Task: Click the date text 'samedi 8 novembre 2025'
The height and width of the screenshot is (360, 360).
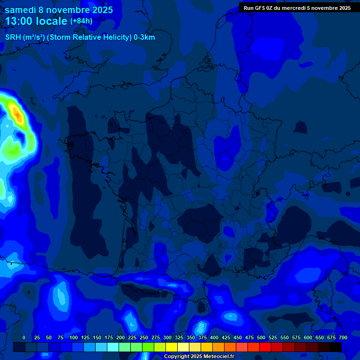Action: click(x=59, y=10)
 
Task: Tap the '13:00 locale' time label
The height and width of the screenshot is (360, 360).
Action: click(x=36, y=22)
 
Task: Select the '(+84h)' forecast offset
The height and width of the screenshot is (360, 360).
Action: click(x=81, y=21)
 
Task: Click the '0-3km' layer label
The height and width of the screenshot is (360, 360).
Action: click(x=144, y=37)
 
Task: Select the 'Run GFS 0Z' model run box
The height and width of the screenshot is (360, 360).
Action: click(x=297, y=7)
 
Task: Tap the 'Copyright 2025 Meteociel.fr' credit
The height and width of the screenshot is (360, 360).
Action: click(x=199, y=356)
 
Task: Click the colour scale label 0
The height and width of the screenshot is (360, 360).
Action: click(x=24, y=337)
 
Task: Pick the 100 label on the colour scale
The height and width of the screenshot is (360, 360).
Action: click(x=74, y=337)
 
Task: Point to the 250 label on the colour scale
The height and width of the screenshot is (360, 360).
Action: click(x=144, y=337)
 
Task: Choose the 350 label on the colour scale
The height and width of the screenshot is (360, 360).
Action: click(x=191, y=337)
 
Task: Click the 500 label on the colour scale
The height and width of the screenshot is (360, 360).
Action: click(x=261, y=337)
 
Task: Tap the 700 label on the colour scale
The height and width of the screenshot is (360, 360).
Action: click(x=343, y=337)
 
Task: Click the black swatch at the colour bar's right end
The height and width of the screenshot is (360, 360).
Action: click(x=336, y=347)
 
